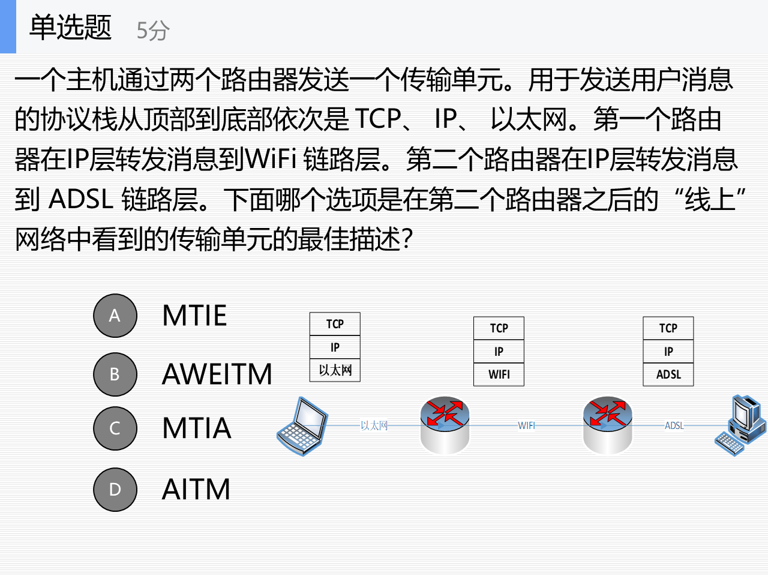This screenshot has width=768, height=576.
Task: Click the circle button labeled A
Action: point(115,316)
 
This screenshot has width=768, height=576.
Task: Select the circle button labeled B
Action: point(115,374)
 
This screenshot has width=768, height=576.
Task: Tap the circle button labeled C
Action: point(115,428)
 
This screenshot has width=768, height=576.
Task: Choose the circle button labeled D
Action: point(115,490)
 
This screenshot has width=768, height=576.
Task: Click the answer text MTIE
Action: point(194,316)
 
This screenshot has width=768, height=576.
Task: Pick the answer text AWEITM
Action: point(217,374)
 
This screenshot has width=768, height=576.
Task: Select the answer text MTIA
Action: point(197,428)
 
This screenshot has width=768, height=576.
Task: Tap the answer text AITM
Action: point(196,490)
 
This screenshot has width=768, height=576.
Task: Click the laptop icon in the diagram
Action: point(303,426)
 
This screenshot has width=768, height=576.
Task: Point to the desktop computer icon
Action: point(741,425)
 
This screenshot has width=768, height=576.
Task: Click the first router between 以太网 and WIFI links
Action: point(445,425)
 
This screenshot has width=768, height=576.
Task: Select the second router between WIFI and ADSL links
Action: point(608,425)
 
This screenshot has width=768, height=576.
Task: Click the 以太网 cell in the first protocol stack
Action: point(335,370)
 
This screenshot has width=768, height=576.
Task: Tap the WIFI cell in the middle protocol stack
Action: point(499,374)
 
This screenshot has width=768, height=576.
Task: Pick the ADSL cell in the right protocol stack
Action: point(668,374)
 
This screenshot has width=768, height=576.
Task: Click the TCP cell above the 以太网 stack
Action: point(335,324)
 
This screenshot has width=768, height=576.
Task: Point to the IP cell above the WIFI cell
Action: point(499,352)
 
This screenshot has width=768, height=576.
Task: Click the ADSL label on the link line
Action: point(674,425)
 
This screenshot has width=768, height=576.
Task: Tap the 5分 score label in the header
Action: point(153,30)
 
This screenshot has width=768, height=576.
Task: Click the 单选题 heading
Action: point(71,28)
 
